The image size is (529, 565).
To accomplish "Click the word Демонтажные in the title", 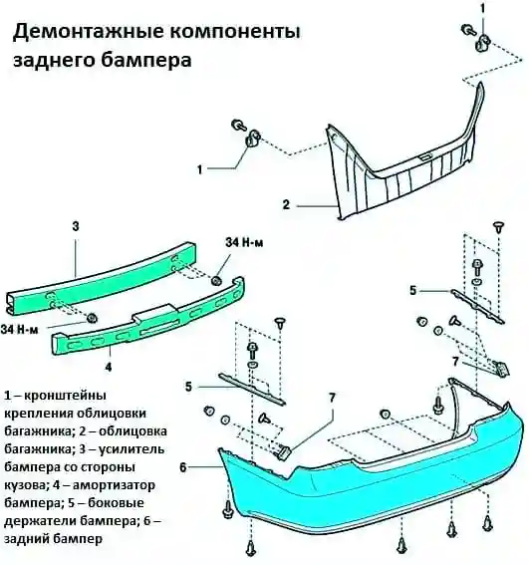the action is click(x=89, y=33).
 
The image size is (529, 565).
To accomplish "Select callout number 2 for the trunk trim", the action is click(x=286, y=204).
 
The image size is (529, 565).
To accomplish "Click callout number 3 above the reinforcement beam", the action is click(x=76, y=226).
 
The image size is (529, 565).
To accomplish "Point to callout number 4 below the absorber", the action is click(x=109, y=367).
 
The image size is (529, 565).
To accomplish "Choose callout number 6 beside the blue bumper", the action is click(x=183, y=467).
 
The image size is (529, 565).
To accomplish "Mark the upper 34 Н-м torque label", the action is click(x=244, y=242).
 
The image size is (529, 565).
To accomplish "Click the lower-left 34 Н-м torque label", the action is click(x=19, y=330).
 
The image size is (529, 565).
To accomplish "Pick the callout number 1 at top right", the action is click(x=482, y=8).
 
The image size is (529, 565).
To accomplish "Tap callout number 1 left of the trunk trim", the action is click(x=200, y=169).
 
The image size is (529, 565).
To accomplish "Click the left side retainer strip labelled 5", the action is click(x=252, y=389).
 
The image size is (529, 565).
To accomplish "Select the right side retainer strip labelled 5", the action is click(x=477, y=306).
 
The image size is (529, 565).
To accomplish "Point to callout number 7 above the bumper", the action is click(x=332, y=398).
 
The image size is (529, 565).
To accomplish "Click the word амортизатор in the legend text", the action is click(x=114, y=485).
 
